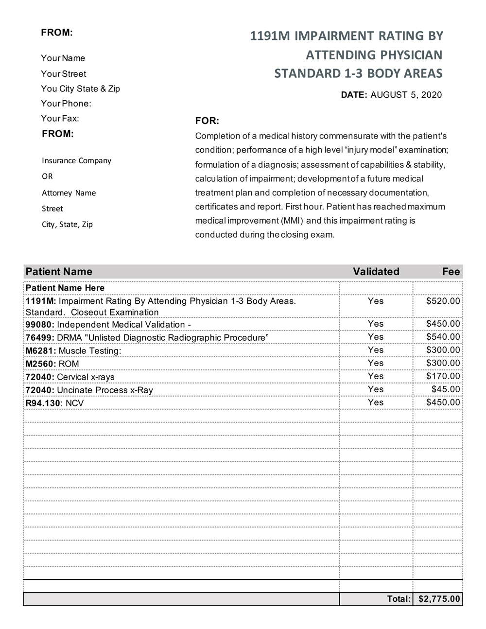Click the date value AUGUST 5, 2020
[x=406, y=95]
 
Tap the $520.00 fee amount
[x=443, y=301]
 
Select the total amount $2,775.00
[x=439, y=599]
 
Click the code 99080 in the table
[x=39, y=325]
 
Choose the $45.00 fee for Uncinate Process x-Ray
[x=446, y=389]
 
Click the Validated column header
[x=376, y=272]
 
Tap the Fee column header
[x=451, y=272]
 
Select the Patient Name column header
[x=59, y=272]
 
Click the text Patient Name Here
[x=65, y=288]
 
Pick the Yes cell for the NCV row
[x=376, y=402]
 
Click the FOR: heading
[x=207, y=121]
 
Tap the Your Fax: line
[x=60, y=119]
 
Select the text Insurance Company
[x=76, y=161]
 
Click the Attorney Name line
[x=69, y=193]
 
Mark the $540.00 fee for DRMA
[x=443, y=337]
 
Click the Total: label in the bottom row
[x=399, y=599]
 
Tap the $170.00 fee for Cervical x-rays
[x=443, y=376]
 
